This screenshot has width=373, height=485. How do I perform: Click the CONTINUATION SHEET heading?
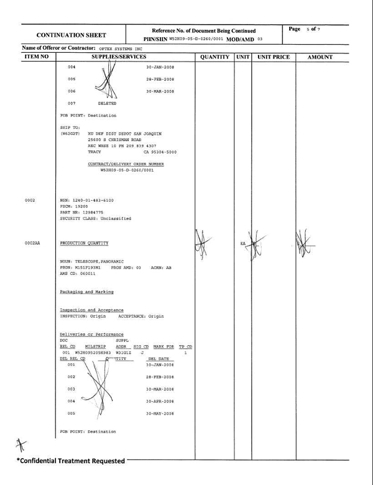coord(71,35)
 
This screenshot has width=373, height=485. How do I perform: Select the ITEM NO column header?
coord(36,57)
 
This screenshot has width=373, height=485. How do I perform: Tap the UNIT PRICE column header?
coord(274,57)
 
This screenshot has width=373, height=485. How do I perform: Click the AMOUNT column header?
coord(320,57)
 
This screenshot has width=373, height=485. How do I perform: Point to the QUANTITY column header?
coord(214,57)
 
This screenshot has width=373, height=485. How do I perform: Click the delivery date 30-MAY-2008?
coord(160,413)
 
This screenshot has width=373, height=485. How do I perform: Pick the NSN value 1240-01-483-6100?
coord(92,200)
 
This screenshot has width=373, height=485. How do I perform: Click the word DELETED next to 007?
coord(107,103)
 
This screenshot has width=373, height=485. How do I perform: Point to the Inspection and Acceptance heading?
coord(91,310)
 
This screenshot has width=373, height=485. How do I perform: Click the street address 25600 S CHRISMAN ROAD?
coord(114,140)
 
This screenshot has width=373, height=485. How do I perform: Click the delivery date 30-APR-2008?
coord(160,401)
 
